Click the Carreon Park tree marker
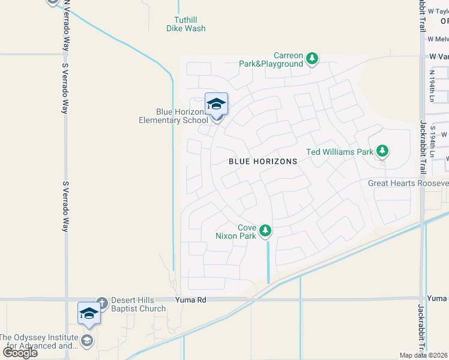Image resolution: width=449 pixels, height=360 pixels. tap(312, 58)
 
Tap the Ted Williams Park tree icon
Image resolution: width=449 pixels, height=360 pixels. tap(382, 151)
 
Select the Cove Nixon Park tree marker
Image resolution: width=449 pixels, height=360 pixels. tap(265, 230)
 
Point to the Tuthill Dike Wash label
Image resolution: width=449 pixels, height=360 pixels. tap(185, 23)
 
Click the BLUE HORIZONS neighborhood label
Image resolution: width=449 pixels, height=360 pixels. tap(263, 161)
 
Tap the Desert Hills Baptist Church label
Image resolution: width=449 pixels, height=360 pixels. tap(138, 304)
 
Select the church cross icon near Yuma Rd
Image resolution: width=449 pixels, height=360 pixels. tap(101, 302)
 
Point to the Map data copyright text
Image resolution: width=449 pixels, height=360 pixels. tap(424, 355)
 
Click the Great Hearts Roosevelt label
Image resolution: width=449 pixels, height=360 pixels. tap(408, 183)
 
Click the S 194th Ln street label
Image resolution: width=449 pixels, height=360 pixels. tap(431, 145)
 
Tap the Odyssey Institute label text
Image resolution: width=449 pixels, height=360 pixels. tap(39, 341)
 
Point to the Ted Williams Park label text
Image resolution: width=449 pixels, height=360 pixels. tap(340, 152)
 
